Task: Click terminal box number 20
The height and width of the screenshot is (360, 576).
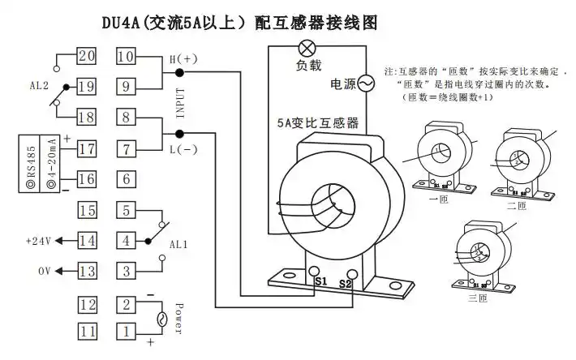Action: tap(87, 56)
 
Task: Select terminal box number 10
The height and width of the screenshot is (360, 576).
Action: tap(126, 56)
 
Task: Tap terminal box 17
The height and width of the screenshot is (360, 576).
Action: tap(87, 148)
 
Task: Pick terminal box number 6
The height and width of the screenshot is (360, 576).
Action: tap(126, 179)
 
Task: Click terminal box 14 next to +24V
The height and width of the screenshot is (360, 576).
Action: tap(87, 241)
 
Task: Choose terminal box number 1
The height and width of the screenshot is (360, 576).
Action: tap(126, 331)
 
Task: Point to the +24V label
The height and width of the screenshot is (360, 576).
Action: tap(38, 241)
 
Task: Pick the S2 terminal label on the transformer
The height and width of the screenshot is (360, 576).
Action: tap(345, 284)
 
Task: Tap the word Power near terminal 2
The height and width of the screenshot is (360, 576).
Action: tap(179, 317)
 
